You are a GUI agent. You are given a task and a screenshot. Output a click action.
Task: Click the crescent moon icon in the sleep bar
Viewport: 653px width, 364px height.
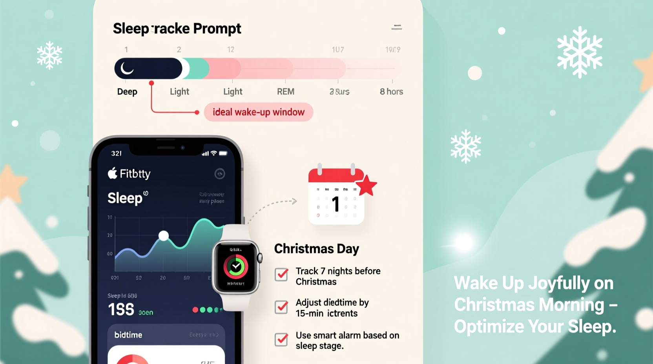127,68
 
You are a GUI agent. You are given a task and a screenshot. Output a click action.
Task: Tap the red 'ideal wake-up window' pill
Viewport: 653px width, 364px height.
258,112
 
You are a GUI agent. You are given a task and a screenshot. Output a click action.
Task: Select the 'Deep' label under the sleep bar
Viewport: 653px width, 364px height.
127,92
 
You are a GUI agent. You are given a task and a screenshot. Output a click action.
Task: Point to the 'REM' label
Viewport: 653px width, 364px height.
285,92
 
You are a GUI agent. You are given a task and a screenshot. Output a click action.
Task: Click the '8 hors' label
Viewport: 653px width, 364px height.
391,92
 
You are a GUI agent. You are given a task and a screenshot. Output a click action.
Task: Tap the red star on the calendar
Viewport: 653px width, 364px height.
367,186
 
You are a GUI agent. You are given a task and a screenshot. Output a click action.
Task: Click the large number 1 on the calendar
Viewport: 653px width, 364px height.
336,204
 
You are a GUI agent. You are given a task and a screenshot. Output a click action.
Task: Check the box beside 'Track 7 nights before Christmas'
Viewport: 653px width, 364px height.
281,275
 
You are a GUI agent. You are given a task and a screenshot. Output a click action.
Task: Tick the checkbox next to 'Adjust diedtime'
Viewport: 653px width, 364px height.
281,307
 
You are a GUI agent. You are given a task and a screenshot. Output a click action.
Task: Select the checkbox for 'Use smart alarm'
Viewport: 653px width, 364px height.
281,339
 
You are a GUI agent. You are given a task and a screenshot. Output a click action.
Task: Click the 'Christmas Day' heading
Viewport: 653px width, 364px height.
316,249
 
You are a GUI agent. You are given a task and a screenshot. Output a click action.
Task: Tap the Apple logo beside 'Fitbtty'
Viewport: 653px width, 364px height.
112,173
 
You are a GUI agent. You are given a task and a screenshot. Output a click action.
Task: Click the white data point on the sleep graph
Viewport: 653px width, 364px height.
164,236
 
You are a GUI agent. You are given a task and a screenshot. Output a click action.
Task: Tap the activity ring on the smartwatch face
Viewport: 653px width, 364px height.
236,266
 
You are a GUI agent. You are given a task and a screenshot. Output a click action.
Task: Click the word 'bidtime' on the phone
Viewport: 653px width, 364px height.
128,335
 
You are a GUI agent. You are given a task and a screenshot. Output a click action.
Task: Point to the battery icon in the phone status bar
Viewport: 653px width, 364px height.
223,153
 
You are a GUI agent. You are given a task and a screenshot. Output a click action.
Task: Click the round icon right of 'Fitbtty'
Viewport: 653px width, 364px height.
220,174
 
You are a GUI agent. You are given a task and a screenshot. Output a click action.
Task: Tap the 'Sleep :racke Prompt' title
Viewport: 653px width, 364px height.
177,29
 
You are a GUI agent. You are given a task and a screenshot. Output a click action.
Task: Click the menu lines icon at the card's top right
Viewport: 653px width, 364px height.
397,27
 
